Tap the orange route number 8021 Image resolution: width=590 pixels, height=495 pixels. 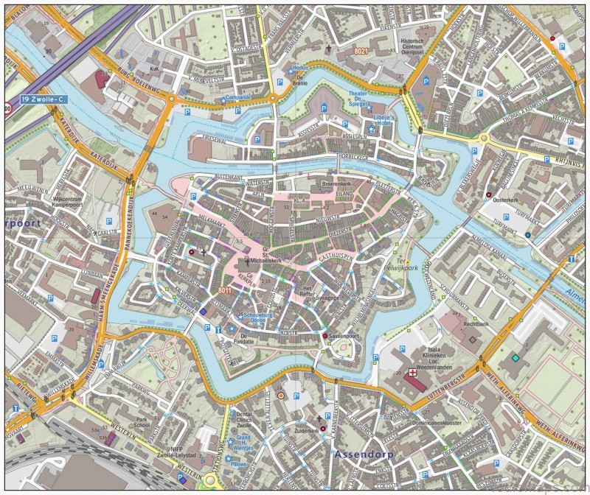click(x=360, y=51)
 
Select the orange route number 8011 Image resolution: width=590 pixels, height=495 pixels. click(x=226, y=292)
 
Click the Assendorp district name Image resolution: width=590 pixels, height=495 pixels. click(x=364, y=454)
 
